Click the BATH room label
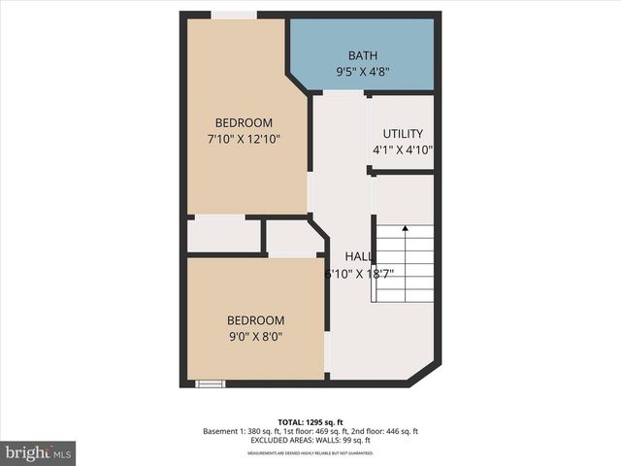pyautogui.click(x=363, y=55)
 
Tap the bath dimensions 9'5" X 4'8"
pyautogui.click(x=363, y=71)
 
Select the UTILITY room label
pyautogui.click(x=403, y=134)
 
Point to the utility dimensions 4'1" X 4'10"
pyautogui.click(x=403, y=150)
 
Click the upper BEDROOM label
pyautogui.click(x=244, y=122)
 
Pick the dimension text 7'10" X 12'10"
pyautogui.click(x=244, y=140)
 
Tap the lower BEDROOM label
pyautogui.click(x=255, y=320)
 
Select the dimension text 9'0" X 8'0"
pyautogui.click(x=255, y=337)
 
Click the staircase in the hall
pyautogui.click(x=405, y=262)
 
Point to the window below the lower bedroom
pyautogui.click(x=210, y=383)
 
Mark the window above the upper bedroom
pyautogui.click(x=234, y=15)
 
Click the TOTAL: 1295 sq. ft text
pyautogui.click(x=310, y=421)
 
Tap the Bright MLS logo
pyautogui.click(x=38, y=452)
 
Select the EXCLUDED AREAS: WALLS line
pyautogui.click(x=310, y=441)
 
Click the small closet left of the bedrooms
pyautogui.click(x=223, y=235)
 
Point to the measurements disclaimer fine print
pyautogui.click(x=310, y=453)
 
